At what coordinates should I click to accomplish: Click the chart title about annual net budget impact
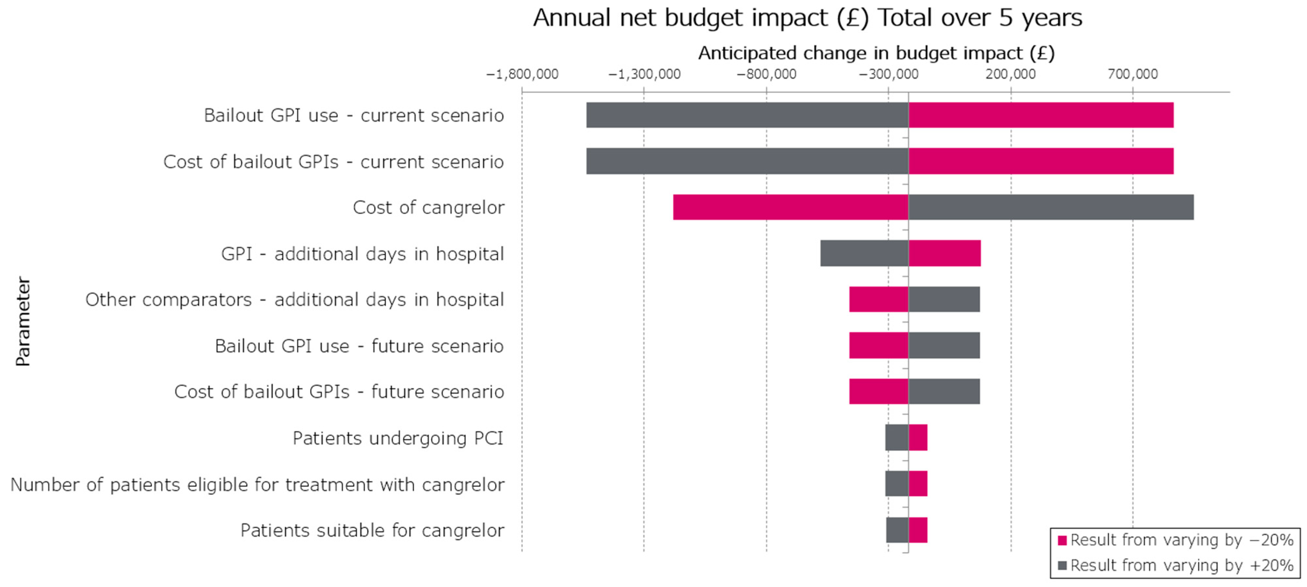coord(807,18)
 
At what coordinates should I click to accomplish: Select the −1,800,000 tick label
coord(522,75)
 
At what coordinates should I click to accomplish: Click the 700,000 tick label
coord(1132,75)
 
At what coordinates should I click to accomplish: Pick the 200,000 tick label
coord(1010,75)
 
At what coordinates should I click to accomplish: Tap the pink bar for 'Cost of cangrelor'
coord(791,207)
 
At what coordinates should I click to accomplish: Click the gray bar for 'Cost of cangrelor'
coord(1051,207)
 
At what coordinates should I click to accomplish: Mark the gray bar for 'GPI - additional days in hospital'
coord(864,253)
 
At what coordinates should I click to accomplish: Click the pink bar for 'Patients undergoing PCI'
coord(918,438)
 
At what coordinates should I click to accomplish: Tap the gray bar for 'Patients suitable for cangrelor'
coord(897,530)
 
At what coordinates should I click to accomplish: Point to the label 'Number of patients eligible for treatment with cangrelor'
coord(257,485)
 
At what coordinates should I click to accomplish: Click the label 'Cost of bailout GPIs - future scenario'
coord(339,392)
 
